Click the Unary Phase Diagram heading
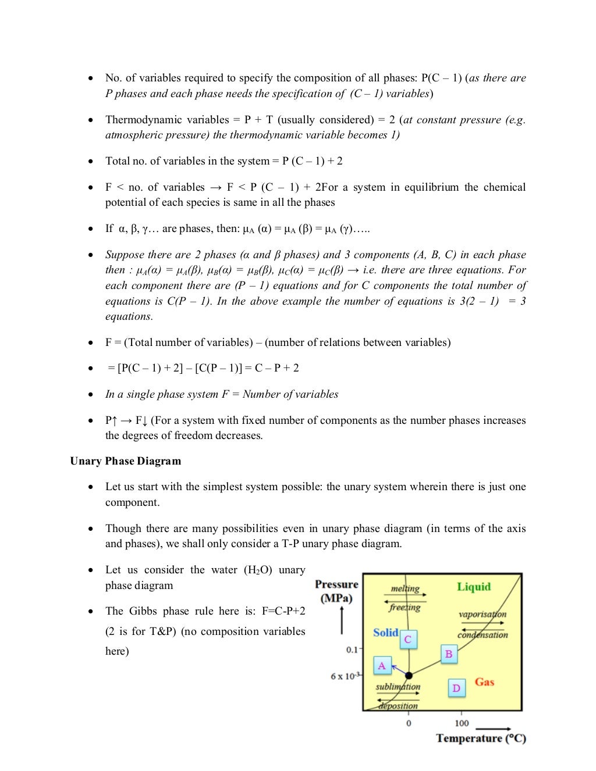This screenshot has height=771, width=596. (x=125, y=461)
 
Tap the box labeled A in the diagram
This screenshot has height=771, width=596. (x=382, y=666)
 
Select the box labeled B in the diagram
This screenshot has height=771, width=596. (x=449, y=654)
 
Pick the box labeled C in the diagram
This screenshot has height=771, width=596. (x=408, y=640)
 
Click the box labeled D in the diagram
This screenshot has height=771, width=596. (x=456, y=688)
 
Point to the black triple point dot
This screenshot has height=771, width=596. (x=409, y=676)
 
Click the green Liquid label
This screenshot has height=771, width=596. (x=474, y=587)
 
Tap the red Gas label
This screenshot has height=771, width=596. (x=484, y=682)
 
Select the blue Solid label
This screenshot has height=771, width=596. (x=385, y=633)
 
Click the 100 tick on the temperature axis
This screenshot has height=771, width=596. (x=462, y=723)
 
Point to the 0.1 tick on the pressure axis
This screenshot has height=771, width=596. (x=352, y=649)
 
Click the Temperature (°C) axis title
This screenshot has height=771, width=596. (x=481, y=738)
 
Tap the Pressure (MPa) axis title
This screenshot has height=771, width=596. (x=336, y=591)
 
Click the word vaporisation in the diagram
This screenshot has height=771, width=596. (x=483, y=614)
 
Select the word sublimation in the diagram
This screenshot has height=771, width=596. (x=398, y=687)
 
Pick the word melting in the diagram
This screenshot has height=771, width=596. (x=405, y=588)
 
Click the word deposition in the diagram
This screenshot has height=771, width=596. (x=398, y=706)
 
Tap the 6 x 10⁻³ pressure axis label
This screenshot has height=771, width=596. (x=346, y=676)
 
